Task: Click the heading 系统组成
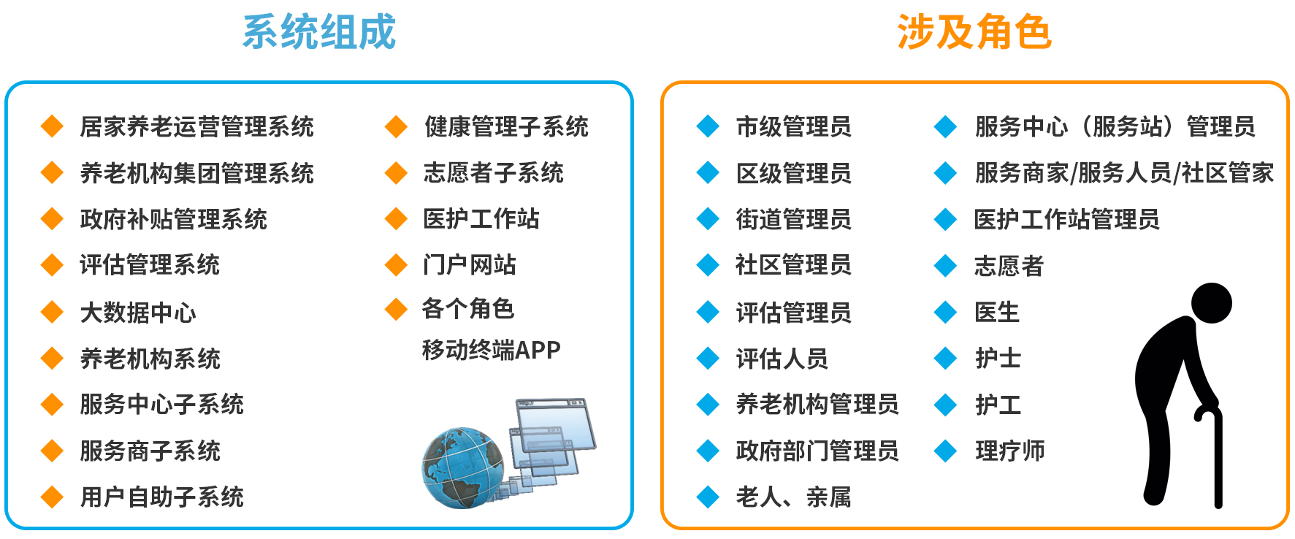pyautogui.click(x=318, y=32)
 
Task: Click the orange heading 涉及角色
pyautogui.click(x=974, y=32)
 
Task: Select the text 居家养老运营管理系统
pyautogui.click(x=196, y=126)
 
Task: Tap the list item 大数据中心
pyautogui.click(x=138, y=313)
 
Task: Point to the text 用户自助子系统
pyautogui.click(x=161, y=497)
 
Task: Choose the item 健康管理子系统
pyautogui.click(x=506, y=126)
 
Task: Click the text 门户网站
pyautogui.click(x=470, y=264)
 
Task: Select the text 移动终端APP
pyautogui.click(x=491, y=350)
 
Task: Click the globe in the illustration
pyautogui.click(x=462, y=467)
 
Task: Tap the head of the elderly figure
pyautogui.click(x=1211, y=302)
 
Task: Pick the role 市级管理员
pyautogui.click(x=793, y=126)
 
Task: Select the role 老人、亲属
pyautogui.click(x=793, y=497)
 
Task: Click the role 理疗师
pyautogui.click(x=1009, y=451)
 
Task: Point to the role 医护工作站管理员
pyautogui.click(x=1066, y=219)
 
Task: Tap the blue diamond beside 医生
pyautogui.click(x=945, y=313)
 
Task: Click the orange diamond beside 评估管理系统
pyautogui.click(x=52, y=264)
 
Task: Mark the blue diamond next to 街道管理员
pyautogui.click(x=708, y=219)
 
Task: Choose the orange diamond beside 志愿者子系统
pyautogui.click(x=396, y=173)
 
